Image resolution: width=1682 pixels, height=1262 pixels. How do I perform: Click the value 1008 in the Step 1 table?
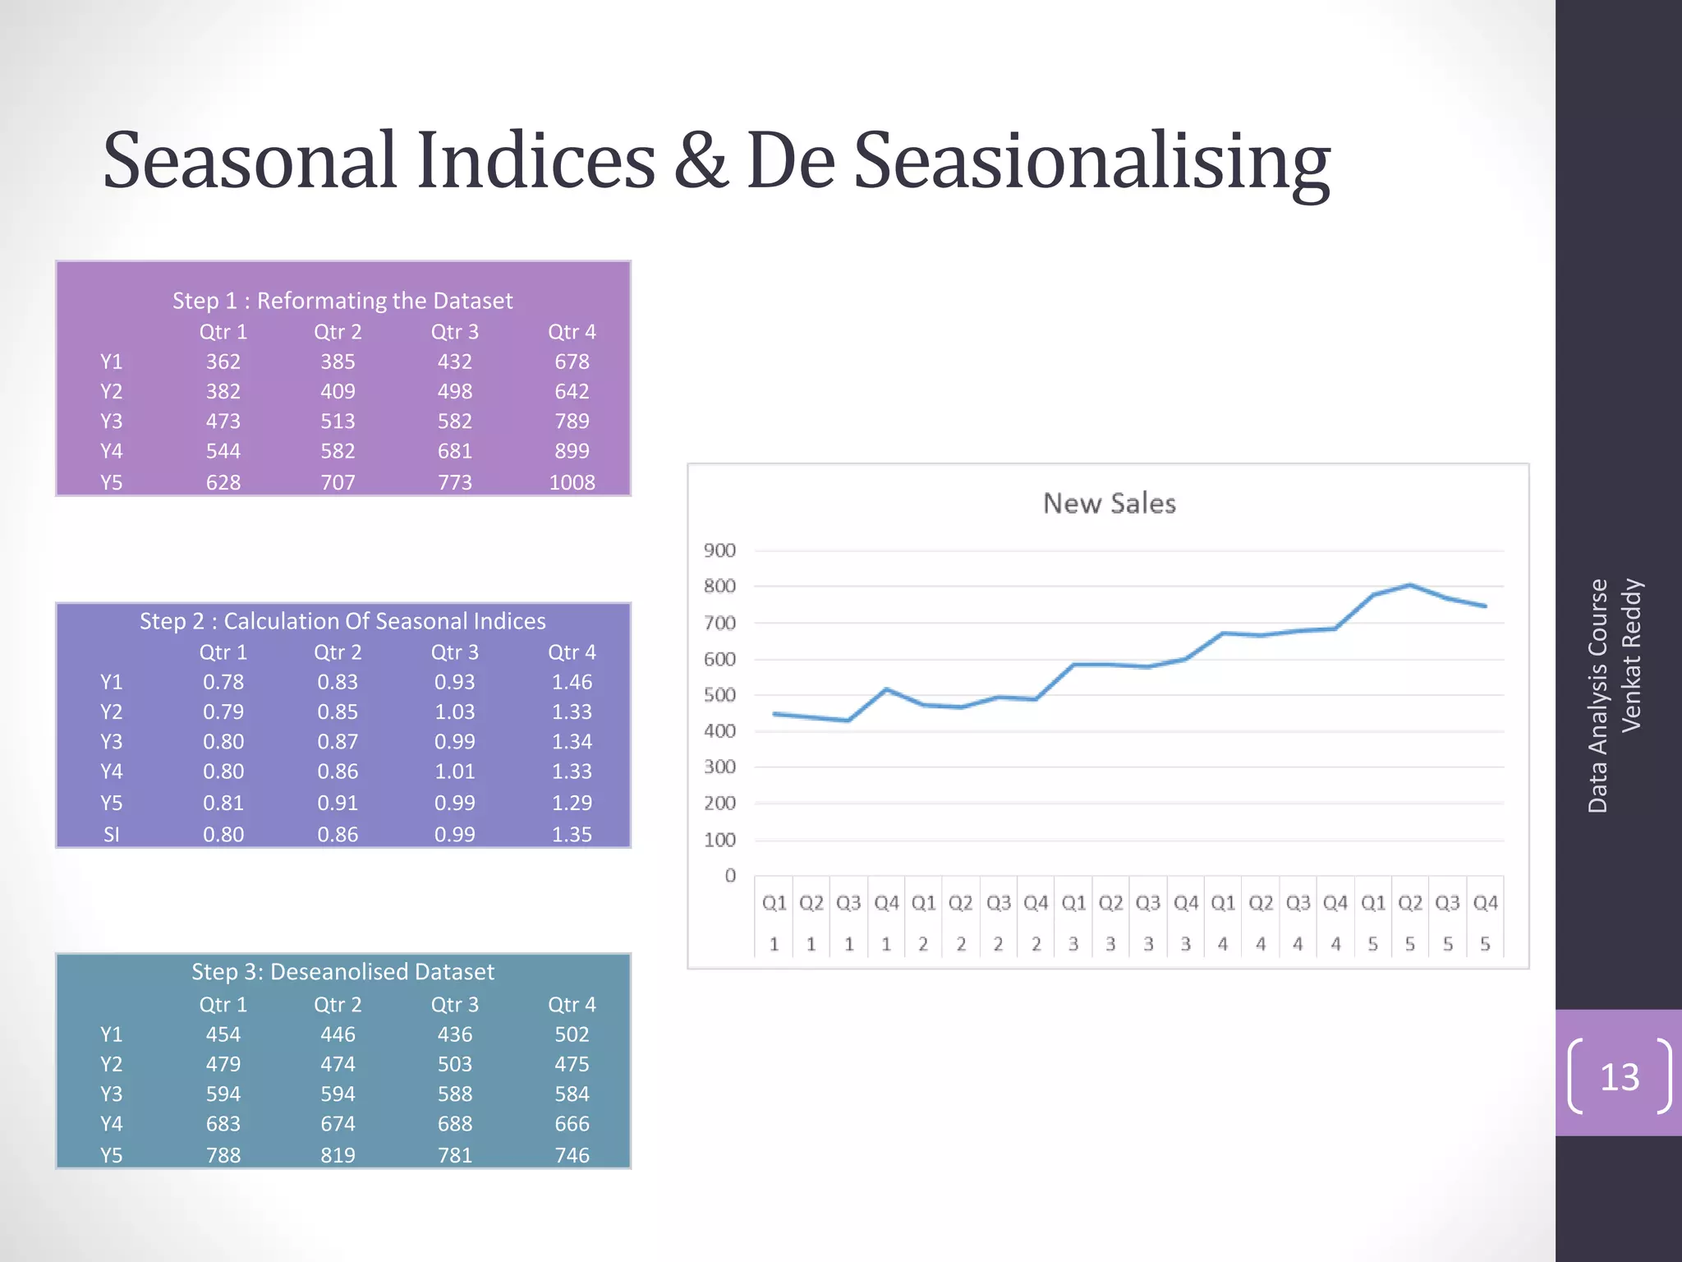pos(572,482)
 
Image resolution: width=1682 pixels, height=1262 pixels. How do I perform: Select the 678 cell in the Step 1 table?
pos(572,362)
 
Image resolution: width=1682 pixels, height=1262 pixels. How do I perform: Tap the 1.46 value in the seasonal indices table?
pos(572,682)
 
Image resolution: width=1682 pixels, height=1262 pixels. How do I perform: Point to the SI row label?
pos(111,835)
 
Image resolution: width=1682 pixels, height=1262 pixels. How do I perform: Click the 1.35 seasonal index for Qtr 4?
pos(572,835)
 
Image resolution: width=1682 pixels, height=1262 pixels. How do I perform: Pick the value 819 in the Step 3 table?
pos(338,1155)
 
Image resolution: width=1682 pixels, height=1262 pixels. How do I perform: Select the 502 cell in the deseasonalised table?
pos(572,1034)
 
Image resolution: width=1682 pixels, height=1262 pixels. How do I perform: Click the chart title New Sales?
pos(1109,504)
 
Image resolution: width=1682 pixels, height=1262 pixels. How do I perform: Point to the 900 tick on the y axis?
pos(719,550)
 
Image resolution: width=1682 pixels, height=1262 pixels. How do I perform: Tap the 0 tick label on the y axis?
pos(730,876)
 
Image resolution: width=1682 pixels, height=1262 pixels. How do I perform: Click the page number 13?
pos(1619,1077)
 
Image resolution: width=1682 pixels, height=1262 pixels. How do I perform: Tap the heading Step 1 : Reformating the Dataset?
pos(342,301)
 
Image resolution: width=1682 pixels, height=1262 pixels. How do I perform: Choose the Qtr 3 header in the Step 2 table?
pos(454,652)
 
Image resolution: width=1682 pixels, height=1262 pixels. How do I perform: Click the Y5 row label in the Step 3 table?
pos(111,1155)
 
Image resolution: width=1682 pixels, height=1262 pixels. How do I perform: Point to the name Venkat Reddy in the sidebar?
pos(1631,655)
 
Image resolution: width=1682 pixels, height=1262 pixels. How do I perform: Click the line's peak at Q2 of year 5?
pos(1410,585)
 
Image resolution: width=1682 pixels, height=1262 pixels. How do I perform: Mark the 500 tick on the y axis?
pos(719,695)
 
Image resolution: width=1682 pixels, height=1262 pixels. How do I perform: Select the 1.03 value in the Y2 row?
pos(454,712)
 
